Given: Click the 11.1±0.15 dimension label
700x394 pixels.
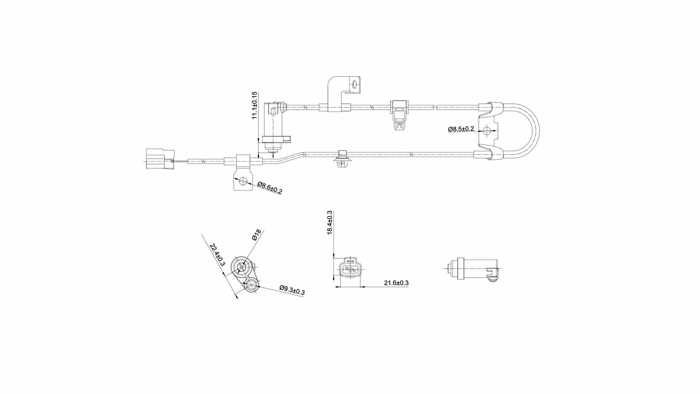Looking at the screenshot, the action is coord(255,105).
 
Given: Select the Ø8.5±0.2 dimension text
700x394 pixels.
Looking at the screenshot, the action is coord(461,129).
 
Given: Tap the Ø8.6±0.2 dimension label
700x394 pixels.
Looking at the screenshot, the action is coord(270,187).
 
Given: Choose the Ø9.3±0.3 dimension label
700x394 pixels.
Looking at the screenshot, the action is coord(292,290).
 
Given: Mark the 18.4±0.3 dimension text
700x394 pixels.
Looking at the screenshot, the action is coord(330,223).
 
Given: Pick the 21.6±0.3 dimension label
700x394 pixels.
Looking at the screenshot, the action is coord(396,283).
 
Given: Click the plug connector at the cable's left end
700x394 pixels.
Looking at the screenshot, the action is coord(160,159).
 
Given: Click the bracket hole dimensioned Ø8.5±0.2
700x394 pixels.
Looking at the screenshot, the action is coord(487,130).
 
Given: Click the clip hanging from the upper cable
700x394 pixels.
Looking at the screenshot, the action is coord(399,115).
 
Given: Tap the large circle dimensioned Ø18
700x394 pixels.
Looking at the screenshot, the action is coord(241,268).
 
